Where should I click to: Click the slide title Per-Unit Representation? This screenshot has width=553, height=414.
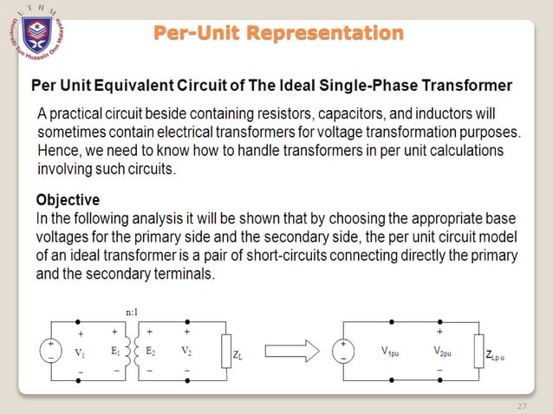278,34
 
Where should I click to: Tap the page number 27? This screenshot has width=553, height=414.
521,406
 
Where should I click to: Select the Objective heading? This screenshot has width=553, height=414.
68,200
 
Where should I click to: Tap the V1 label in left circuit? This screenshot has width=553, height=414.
80,353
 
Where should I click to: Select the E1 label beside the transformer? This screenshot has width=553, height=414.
114,353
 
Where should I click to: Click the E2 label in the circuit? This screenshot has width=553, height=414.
151,353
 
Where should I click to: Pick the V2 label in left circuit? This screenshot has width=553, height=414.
186,353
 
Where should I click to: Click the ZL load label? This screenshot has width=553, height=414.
238,355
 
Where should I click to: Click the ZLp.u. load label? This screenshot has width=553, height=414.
500,355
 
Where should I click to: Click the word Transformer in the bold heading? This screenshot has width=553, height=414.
463,86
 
